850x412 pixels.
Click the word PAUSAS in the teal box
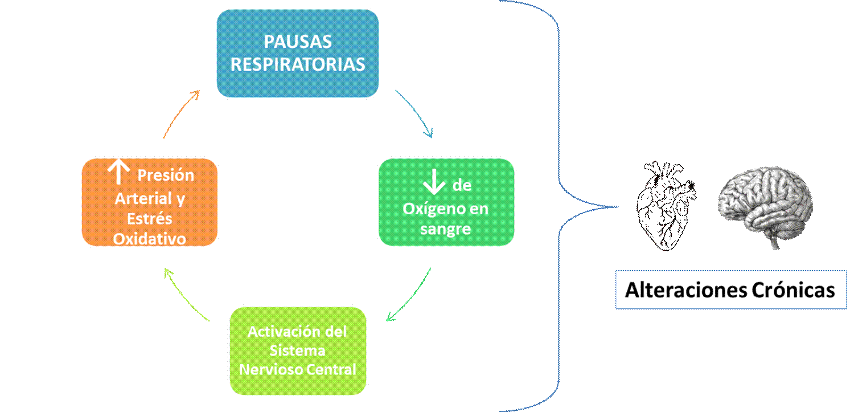(298, 42)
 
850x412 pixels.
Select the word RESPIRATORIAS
(298, 64)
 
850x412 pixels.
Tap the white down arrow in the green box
(434, 182)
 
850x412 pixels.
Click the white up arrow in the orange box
(118, 171)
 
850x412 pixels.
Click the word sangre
(446, 229)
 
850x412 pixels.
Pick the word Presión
(166, 175)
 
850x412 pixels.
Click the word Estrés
(150, 219)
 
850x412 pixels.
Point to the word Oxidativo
(150, 239)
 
